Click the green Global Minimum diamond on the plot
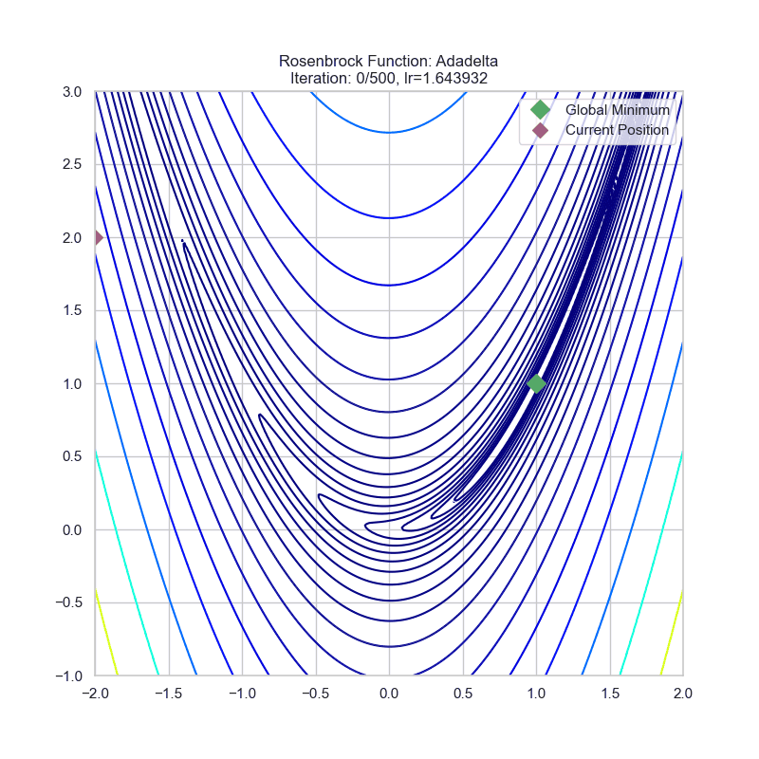(536, 383)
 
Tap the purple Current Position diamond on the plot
(96, 237)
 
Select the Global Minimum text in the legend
(617, 110)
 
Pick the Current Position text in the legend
(617, 130)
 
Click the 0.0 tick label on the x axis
(389, 694)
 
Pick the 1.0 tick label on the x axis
(536, 694)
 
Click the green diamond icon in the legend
(540, 110)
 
